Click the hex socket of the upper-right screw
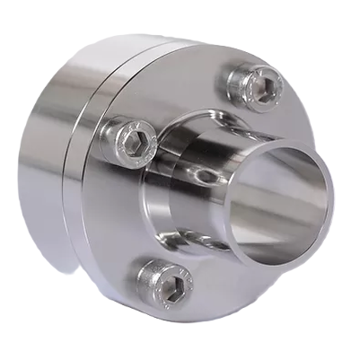pyautogui.click(x=261, y=84)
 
